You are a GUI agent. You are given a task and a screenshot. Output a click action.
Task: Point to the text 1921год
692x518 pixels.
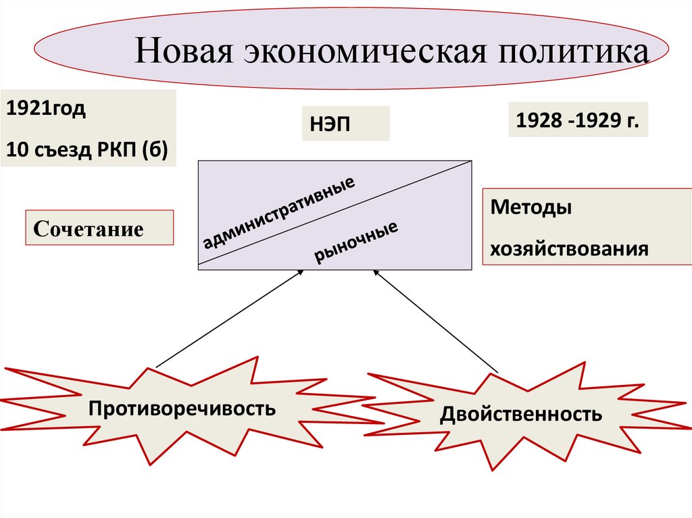click(47, 109)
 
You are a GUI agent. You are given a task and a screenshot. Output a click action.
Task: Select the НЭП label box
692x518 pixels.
click(345, 124)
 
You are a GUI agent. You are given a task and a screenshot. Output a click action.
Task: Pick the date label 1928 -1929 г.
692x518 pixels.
click(577, 120)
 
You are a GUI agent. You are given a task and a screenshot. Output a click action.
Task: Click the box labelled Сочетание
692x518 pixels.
click(99, 228)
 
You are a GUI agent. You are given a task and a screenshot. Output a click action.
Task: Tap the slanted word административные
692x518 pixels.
click(278, 211)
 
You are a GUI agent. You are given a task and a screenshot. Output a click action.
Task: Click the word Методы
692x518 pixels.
click(531, 207)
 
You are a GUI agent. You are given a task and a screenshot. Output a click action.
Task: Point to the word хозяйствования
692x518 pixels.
click(570, 248)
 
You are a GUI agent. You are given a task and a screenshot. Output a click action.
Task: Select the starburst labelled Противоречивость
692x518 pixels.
click(182, 408)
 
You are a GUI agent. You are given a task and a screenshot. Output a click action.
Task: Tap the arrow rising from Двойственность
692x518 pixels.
click(436, 321)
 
